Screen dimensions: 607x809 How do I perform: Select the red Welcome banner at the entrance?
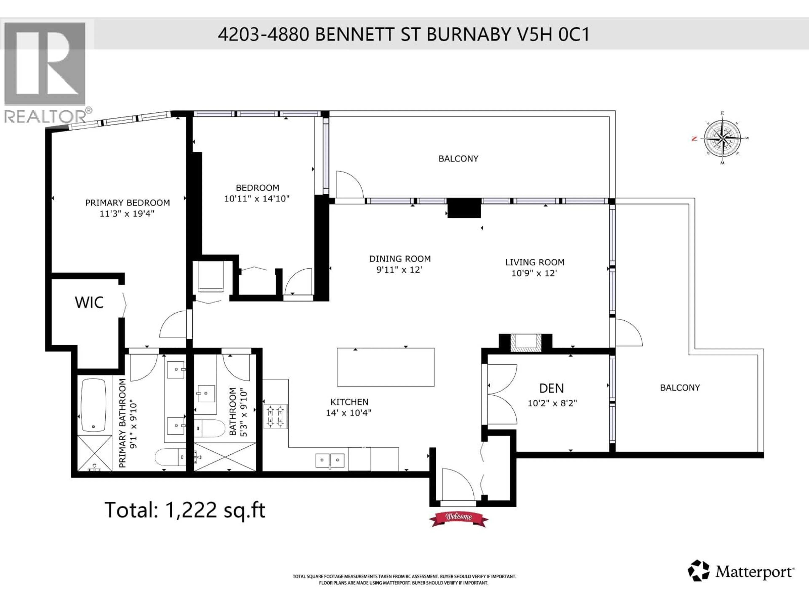[458, 517]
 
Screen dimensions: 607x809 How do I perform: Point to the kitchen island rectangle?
[386, 367]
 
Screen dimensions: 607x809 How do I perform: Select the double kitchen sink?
[330, 460]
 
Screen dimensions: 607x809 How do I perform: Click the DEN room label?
[551, 388]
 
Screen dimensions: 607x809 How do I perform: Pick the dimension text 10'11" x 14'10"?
[257, 199]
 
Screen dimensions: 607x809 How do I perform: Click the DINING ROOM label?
[400, 259]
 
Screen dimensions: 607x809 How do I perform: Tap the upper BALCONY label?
[458, 158]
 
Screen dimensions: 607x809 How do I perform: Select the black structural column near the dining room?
[464, 208]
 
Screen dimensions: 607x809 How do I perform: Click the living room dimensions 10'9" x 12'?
[534, 273]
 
